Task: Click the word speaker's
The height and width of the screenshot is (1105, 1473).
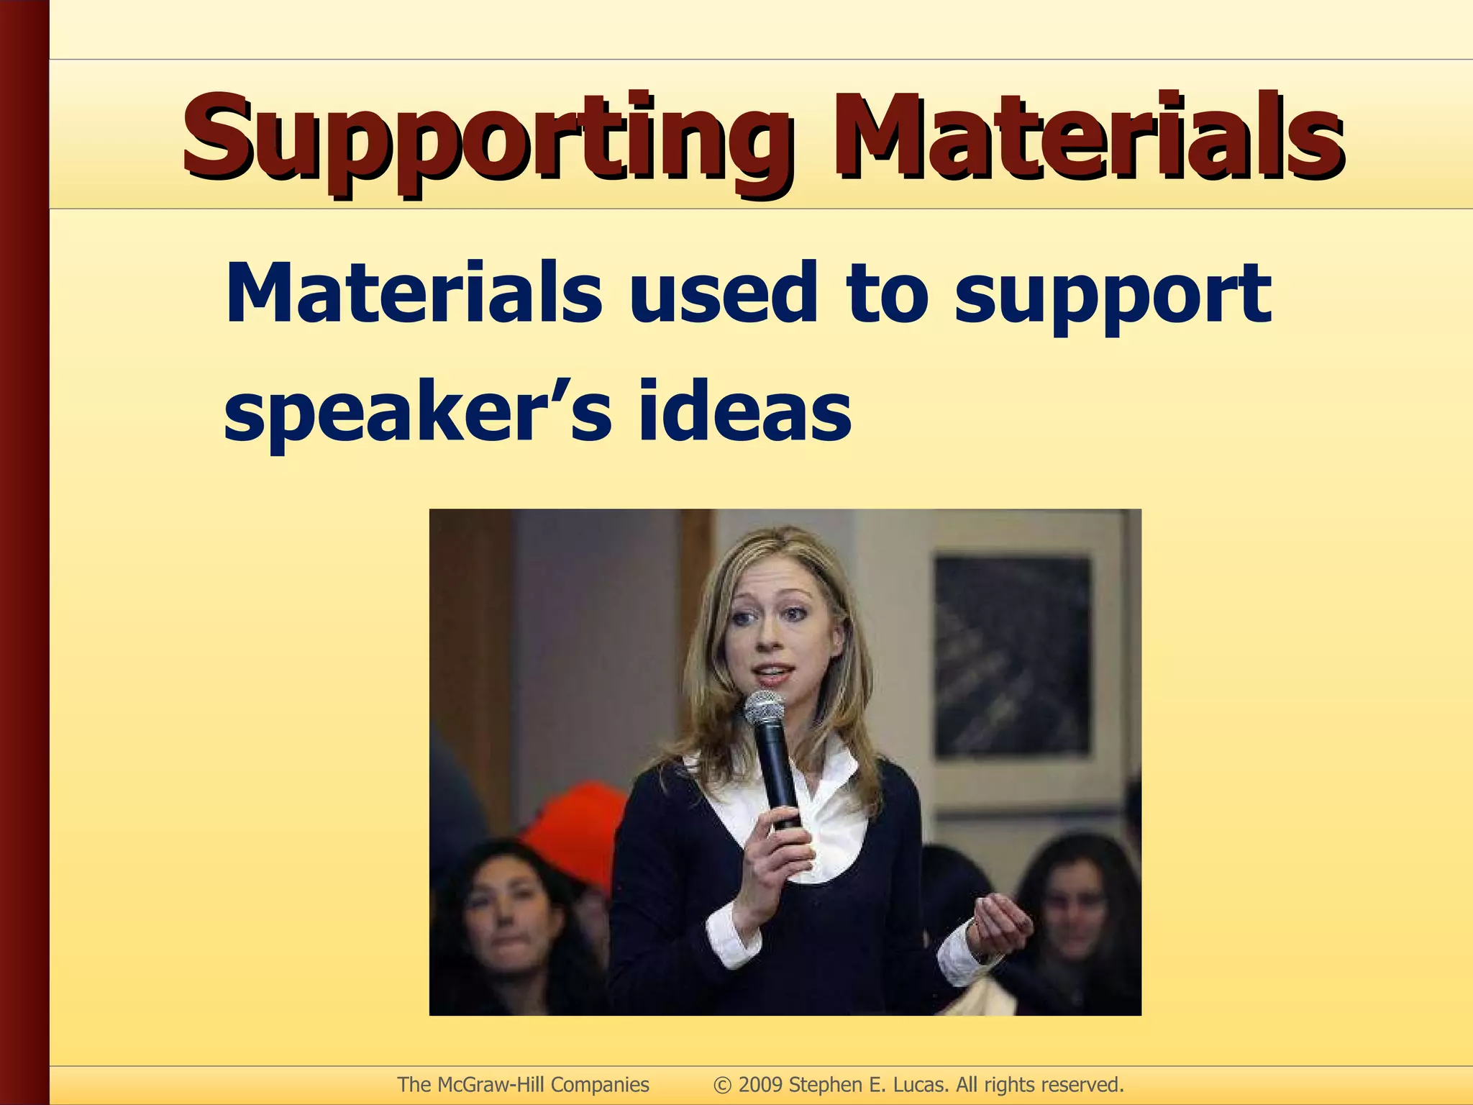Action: [418, 414]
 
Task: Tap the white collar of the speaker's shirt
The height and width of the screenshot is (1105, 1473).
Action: [834, 806]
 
